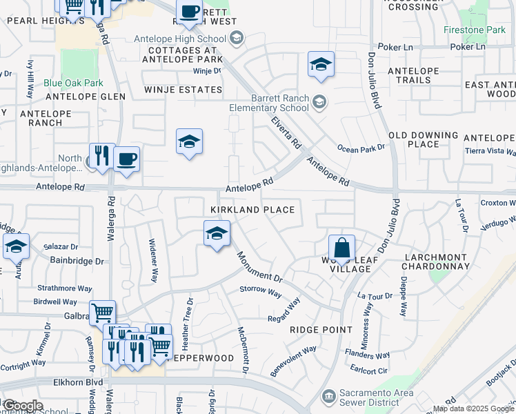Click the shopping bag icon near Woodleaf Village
(341, 247)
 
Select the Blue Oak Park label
(73, 83)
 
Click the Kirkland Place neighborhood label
(253, 210)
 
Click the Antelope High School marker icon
(237, 37)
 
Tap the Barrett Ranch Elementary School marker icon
(319, 103)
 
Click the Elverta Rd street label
(286, 132)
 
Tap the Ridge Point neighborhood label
(321, 330)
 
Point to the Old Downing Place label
(423, 140)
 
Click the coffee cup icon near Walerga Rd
(127, 159)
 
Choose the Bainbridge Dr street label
(77, 262)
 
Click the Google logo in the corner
(22, 406)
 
